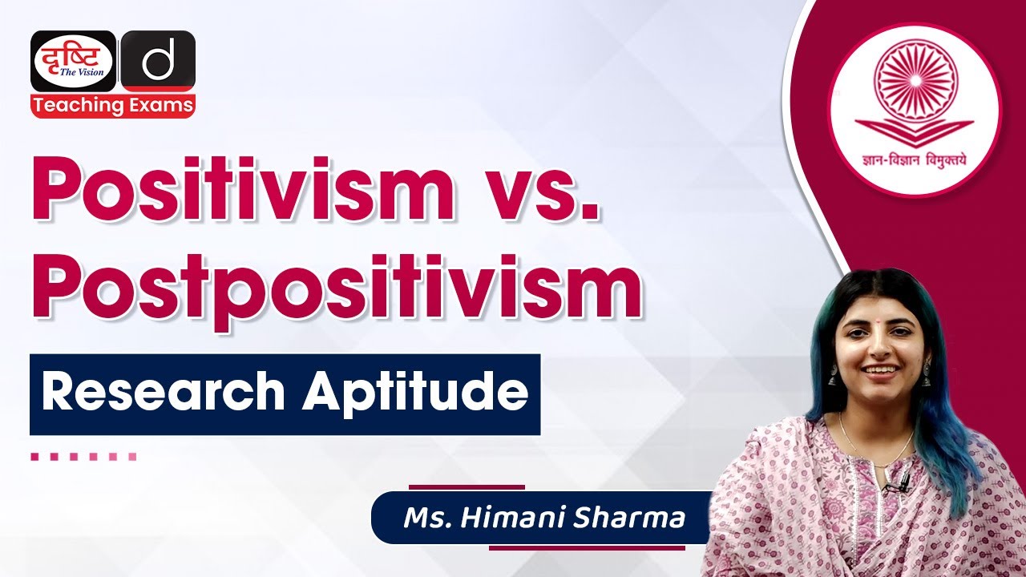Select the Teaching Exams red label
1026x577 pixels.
point(113,105)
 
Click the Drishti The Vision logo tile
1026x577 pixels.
point(73,61)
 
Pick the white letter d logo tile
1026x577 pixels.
point(158,61)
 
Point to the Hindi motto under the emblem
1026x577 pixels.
point(914,158)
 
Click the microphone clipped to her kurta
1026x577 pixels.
point(901,481)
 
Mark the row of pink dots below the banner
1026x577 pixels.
point(83,457)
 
